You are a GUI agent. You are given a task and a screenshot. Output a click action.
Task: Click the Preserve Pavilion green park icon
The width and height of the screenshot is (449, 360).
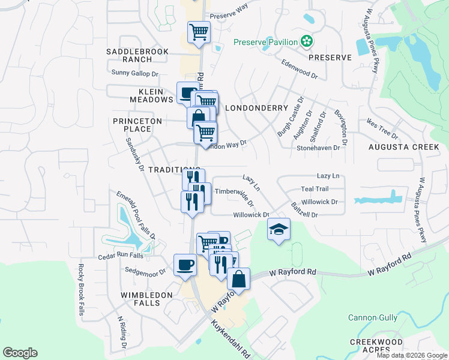307,41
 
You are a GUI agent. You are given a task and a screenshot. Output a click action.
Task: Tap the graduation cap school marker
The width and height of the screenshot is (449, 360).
279,230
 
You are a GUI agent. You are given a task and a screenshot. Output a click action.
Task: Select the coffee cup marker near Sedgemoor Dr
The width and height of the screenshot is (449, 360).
185,265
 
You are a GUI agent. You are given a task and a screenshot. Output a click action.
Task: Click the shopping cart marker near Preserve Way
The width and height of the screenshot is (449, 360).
199,32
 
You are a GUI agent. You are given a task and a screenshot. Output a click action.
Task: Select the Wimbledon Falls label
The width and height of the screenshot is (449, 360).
149,299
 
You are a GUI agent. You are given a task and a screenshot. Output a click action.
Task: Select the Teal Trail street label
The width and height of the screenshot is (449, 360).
315,188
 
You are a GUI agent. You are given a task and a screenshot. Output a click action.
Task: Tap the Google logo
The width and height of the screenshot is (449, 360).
20,353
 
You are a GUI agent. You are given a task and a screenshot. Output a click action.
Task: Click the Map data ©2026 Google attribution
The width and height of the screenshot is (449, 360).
412,355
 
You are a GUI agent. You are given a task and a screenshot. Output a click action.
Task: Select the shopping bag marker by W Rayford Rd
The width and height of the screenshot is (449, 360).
238,278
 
